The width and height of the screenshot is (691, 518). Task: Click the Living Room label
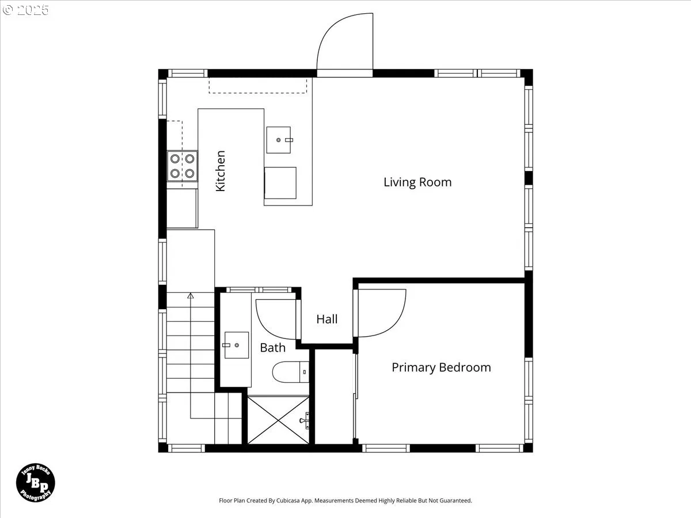click(x=417, y=182)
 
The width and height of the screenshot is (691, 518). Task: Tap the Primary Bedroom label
click(x=441, y=368)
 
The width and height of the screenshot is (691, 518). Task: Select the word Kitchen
click(x=221, y=171)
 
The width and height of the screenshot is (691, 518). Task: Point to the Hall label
click(x=326, y=319)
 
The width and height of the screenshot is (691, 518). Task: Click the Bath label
click(x=272, y=348)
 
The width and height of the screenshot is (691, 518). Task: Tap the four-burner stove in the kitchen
click(x=183, y=166)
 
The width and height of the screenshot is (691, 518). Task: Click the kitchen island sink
click(x=279, y=140)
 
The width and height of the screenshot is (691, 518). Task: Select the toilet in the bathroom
click(x=291, y=372)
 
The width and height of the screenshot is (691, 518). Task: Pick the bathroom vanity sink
click(x=237, y=345)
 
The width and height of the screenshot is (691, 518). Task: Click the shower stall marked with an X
click(x=278, y=420)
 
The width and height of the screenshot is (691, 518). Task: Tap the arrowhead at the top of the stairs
click(x=191, y=296)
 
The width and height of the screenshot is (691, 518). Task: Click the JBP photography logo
click(x=36, y=482)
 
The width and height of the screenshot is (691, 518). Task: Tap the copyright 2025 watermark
click(x=25, y=10)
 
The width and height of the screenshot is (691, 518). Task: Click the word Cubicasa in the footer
click(x=288, y=500)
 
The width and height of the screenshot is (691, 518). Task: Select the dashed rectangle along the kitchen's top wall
click(x=258, y=86)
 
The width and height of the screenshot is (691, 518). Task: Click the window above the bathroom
click(x=259, y=290)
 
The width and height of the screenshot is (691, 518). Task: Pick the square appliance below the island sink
click(x=280, y=182)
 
